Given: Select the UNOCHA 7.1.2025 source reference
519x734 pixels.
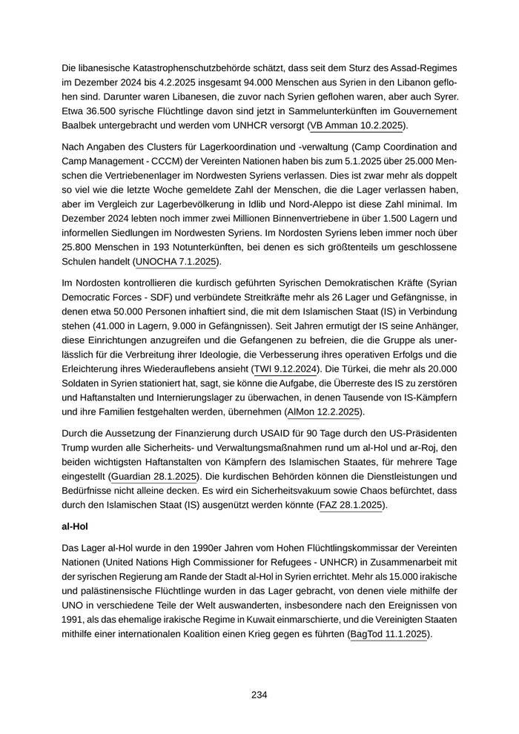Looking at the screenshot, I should [177, 262].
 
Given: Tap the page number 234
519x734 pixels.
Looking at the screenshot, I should [259, 695].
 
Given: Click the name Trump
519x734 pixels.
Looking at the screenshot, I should [78, 447].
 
